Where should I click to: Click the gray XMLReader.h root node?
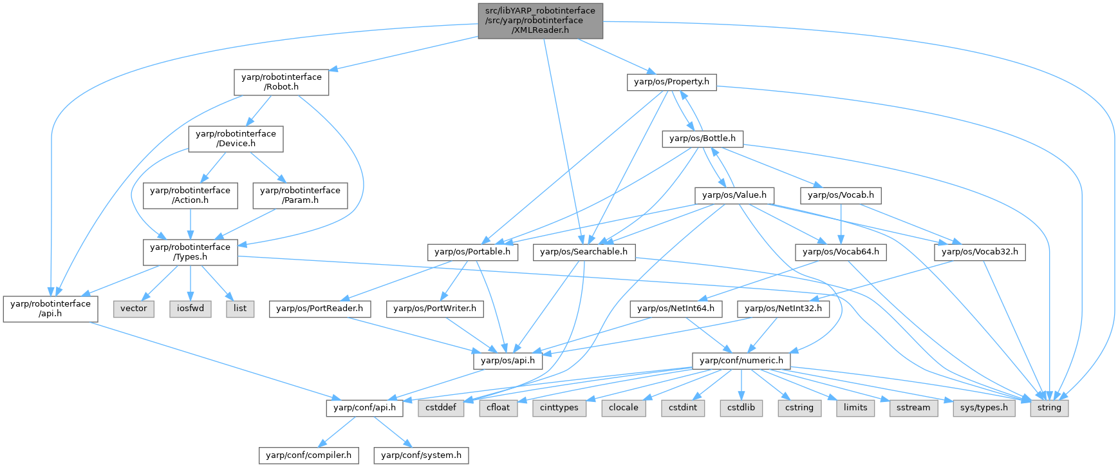pyautogui.click(x=540, y=20)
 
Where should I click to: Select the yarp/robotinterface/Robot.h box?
pyautogui.click(x=281, y=82)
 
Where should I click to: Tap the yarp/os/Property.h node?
pyautogui.click(x=671, y=82)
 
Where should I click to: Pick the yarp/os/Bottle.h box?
pyautogui.click(x=702, y=138)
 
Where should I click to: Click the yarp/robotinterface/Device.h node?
pyautogui.click(x=236, y=138)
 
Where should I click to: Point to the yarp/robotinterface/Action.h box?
pyautogui.click(x=190, y=195)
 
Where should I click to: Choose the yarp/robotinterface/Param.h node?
pyautogui.click(x=300, y=195)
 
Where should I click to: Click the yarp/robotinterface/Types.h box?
pyautogui.click(x=190, y=252)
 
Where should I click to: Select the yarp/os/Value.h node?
pyautogui.click(x=734, y=195)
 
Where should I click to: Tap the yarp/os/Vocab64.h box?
pyautogui.click(x=841, y=252)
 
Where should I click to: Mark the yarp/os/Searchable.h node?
pyautogui.click(x=584, y=252)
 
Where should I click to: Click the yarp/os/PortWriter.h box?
pyautogui.click(x=434, y=309)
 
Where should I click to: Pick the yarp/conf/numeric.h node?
pyautogui.click(x=741, y=361)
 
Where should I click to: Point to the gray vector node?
pyautogui.click(x=134, y=309)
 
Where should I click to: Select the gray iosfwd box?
pyautogui.click(x=191, y=309)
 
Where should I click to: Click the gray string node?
pyautogui.click(x=1049, y=408)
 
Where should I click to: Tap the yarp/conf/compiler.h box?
pyautogui.click(x=308, y=455)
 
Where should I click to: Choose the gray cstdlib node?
pyautogui.click(x=741, y=408)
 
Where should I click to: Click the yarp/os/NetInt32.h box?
pyautogui.click(x=783, y=309)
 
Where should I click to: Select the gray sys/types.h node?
pyautogui.click(x=983, y=408)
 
